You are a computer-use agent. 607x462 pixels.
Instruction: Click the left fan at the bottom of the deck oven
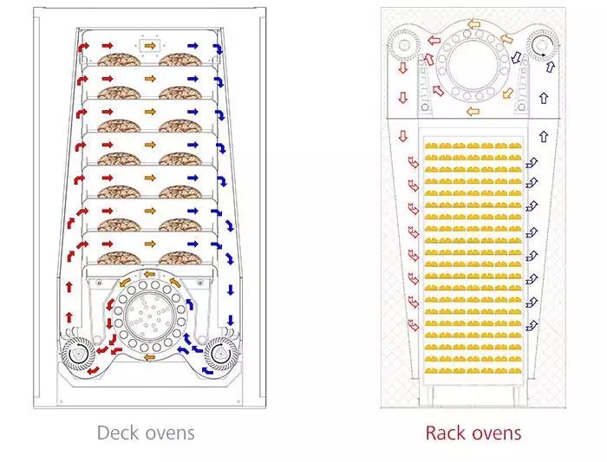79,354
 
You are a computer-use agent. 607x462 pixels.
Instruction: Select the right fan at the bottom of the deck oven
220,354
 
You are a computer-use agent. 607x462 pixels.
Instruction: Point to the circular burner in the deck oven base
150,314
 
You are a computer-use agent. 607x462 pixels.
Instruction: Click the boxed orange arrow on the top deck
150,46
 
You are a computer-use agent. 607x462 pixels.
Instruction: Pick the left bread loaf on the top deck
119,59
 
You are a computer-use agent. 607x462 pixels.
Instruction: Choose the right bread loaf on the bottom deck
180,258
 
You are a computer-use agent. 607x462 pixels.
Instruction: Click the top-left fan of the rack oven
404,45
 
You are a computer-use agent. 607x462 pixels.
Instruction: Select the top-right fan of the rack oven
543,45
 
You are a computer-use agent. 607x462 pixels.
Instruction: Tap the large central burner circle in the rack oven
473,65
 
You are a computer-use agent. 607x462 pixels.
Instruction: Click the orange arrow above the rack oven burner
473,24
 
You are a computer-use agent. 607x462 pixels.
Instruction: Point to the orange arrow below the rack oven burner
473,112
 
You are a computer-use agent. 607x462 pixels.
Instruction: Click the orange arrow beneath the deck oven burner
149,357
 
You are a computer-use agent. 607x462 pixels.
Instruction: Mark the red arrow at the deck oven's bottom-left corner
93,371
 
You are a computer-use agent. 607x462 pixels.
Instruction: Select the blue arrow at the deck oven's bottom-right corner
208,372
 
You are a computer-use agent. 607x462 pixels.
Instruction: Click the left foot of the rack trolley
430,396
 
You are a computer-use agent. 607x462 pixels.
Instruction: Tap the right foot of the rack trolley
516,396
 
